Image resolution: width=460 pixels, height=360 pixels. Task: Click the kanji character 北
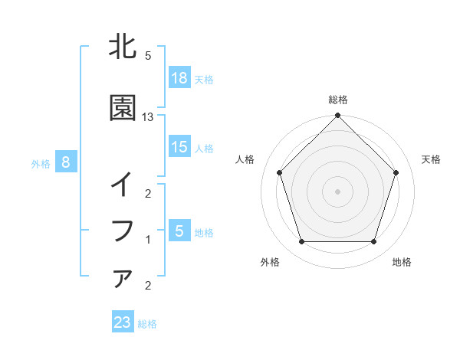(123, 48)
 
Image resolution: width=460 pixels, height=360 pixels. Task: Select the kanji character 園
(123, 109)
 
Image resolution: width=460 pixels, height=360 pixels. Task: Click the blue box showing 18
(179, 77)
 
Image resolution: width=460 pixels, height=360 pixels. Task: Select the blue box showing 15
(179, 147)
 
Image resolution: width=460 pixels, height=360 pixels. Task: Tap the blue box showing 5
(179, 231)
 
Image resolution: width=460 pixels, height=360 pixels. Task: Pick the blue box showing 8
(66, 162)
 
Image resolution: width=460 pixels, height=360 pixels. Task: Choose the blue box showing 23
(123, 322)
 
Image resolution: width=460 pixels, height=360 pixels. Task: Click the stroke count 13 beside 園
(148, 116)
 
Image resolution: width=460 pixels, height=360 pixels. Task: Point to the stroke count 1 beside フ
(148, 239)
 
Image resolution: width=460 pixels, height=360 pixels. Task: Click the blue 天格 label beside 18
(204, 79)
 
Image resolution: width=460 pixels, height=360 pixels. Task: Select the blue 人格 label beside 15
(204, 149)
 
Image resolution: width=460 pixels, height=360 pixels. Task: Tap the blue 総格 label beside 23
(147, 324)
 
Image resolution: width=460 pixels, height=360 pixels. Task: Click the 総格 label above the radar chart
(338, 100)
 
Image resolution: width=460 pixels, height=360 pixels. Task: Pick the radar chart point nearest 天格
(396, 172)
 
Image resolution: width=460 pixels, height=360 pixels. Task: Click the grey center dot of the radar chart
(338, 191)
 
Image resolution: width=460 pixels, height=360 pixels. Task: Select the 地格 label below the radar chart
(402, 262)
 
